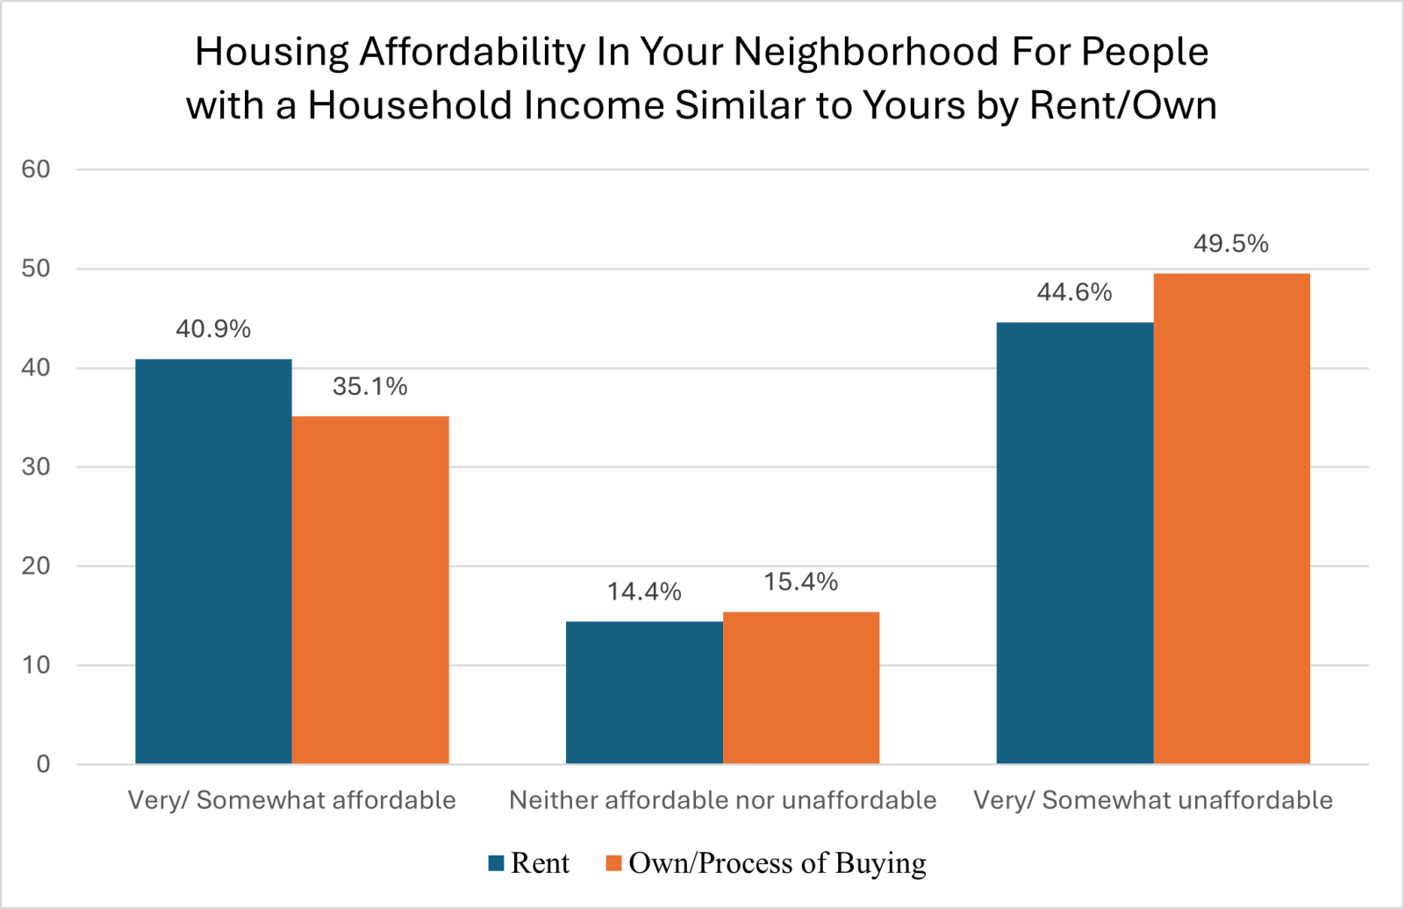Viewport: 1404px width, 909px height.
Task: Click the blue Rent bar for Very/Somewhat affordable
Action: pyautogui.click(x=213, y=562)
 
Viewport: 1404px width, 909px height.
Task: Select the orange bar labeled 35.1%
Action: pyautogui.click(x=370, y=590)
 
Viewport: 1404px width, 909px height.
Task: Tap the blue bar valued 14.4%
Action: pyautogui.click(x=644, y=692)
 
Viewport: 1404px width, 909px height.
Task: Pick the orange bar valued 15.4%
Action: pyautogui.click(x=801, y=688)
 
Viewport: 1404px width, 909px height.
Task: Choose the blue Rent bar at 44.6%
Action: pyautogui.click(x=1075, y=543)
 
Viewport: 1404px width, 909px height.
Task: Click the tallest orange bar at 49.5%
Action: pyautogui.click(x=1232, y=519)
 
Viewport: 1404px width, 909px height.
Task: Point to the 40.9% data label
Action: pyautogui.click(x=213, y=329)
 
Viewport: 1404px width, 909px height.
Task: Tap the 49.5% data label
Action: pyautogui.click(x=1231, y=244)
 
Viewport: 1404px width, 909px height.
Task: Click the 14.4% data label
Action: pyautogui.click(x=644, y=591)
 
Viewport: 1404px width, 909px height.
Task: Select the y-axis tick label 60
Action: pyautogui.click(x=36, y=169)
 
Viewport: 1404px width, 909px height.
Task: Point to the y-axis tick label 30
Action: pyautogui.click(x=36, y=467)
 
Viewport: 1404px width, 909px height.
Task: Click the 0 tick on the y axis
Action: pyautogui.click(x=43, y=764)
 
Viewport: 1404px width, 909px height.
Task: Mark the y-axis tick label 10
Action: pyautogui.click(x=36, y=665)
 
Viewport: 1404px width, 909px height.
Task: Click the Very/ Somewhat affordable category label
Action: pyautogui.click(x=292, y=800)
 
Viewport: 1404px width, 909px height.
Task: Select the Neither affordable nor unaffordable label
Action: pyautogui.click(x=722, y=800)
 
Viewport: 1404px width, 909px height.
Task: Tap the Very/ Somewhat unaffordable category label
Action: pyautogui.click(x=1153, y=800)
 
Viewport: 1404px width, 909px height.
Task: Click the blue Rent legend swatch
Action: pyautogui.click(x=496, y=863)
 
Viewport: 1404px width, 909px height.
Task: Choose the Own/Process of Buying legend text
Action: pyautogui.click(x=777, y=863)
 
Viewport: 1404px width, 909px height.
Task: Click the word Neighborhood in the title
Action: pyautogui.click(x=866, y=52)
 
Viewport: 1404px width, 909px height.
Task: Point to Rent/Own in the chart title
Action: pyautogui.click(x=1123, y=105)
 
